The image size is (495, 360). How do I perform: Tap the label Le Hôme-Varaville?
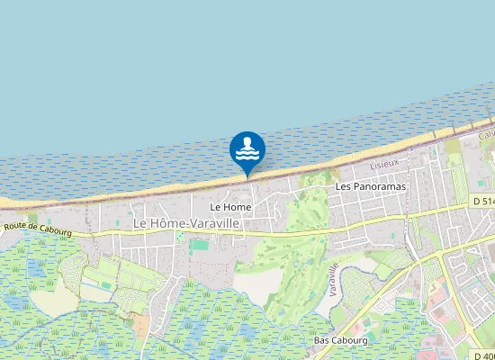pyautogui.click(x=187, y=222)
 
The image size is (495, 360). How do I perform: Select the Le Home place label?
pyautogui.click(x=230, y=207)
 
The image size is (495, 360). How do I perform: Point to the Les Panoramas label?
pyautogui.click(x=371, y=186)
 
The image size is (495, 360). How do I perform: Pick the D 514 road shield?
pyautogui.click(x=482, y=202)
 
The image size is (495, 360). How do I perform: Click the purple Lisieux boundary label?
pyautogui.click(x=384, y=166)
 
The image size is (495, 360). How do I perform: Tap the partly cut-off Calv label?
pyautogui.click(x=487, y=133)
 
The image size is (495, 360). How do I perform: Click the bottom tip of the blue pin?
pyautogui.click(x=247, y=176)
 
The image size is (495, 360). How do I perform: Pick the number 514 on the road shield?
pyautogui.click(x=486, y=202)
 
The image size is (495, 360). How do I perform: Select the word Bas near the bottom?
pyautogui.click(x=321, y=340)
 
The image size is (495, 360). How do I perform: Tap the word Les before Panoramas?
pyautogui.click(x=342, y=186)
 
